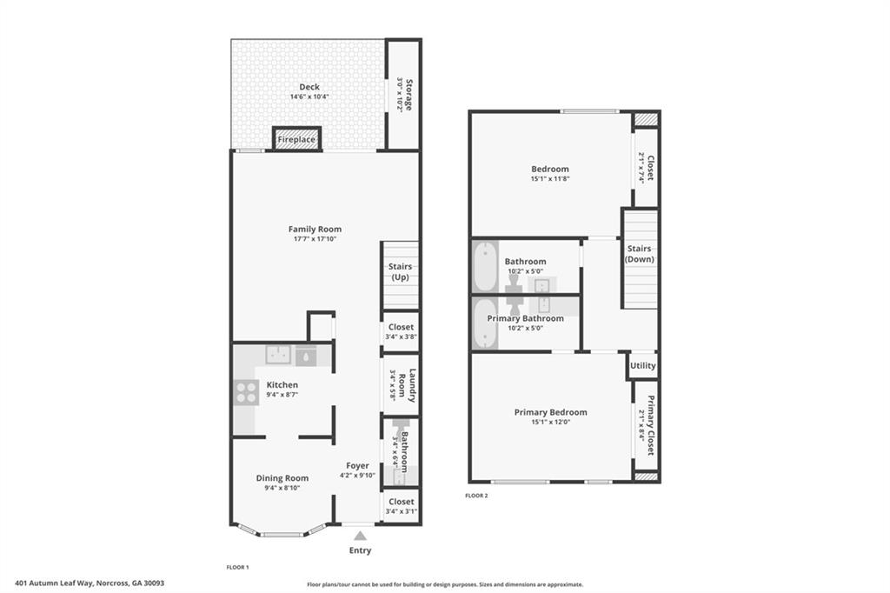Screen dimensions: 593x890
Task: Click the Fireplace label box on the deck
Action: point(296,139)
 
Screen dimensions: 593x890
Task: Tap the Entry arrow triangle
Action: point(360,536)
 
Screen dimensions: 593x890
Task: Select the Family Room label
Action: point(315,230)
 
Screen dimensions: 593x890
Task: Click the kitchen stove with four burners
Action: point(245,392)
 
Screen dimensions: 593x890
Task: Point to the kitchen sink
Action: point(278,355)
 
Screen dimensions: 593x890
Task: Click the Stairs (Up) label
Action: point(400,272)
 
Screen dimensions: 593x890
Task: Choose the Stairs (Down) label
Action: point(640,254)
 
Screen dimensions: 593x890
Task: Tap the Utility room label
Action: point(642,366)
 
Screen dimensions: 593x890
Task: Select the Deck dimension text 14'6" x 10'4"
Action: point(309,97)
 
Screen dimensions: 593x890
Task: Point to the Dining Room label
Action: point(282,477)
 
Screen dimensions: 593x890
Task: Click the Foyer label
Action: point(357,465)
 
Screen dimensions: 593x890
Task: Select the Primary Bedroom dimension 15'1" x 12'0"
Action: point(550,423)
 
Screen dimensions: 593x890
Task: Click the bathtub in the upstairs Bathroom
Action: point(484,267)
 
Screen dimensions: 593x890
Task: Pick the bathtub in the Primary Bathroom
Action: point(484,323)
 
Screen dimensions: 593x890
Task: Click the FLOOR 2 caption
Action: point(476,496)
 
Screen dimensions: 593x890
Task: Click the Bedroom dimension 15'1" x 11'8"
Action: point(550,179)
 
